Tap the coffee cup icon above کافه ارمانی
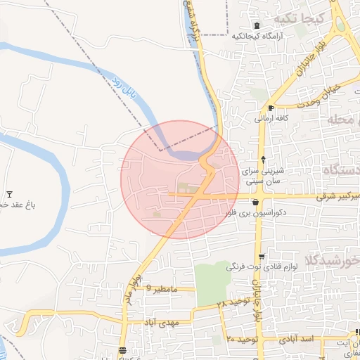(271, 108)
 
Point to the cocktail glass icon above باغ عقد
(9, 194)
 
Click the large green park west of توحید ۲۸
(212, 283)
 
